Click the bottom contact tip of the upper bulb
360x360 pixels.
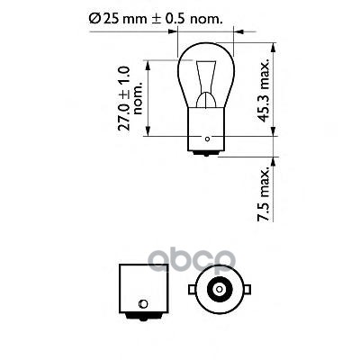click(208, 158)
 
